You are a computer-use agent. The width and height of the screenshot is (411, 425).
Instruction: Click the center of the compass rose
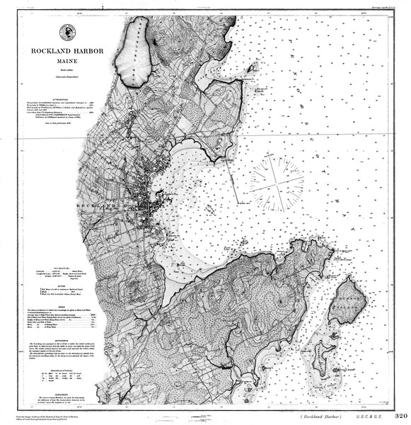[x=276, y=183]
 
